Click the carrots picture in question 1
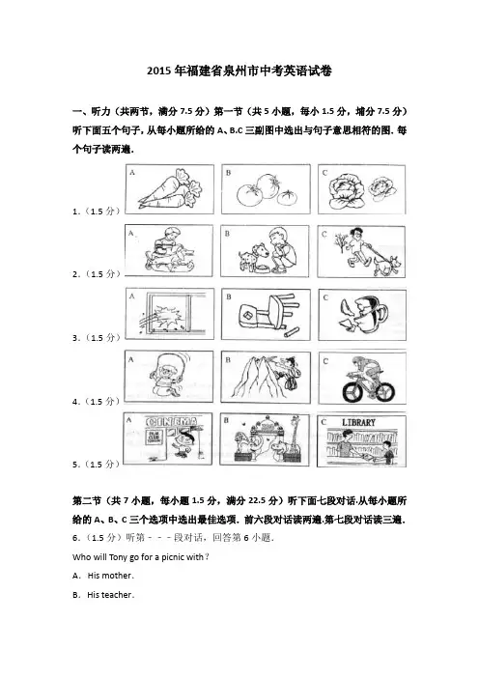[x=169, y=189]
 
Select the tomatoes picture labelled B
[x=266, y=189]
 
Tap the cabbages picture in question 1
[x=362, y=189]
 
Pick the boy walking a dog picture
[x=361, y=251]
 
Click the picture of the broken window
[x=169, y=314]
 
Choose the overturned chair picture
[x=266, y=314]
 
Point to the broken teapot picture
[x=362, y=315]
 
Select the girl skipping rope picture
[x=169, y=377]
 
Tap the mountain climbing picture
[x=266, y=377]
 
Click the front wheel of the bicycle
[x=354, y=391]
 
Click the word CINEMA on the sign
[x=172, y=422]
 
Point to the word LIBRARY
[x=358, y=422]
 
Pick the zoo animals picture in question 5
[x=265, y=439]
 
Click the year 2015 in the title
[x=159, y=71]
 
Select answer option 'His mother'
[x=110, y=576]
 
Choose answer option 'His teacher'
[x=110, y=595]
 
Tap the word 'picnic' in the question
[x=173, y=557]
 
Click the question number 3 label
[x=96, y=338]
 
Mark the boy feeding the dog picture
[x=265, y=251]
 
